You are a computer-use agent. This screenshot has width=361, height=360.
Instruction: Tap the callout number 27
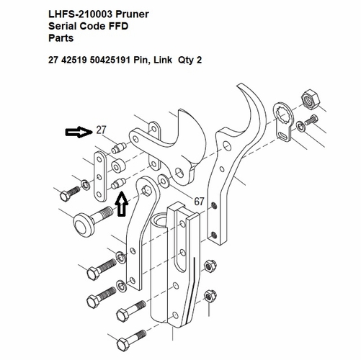pyautogui.click(x=101, y=130)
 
